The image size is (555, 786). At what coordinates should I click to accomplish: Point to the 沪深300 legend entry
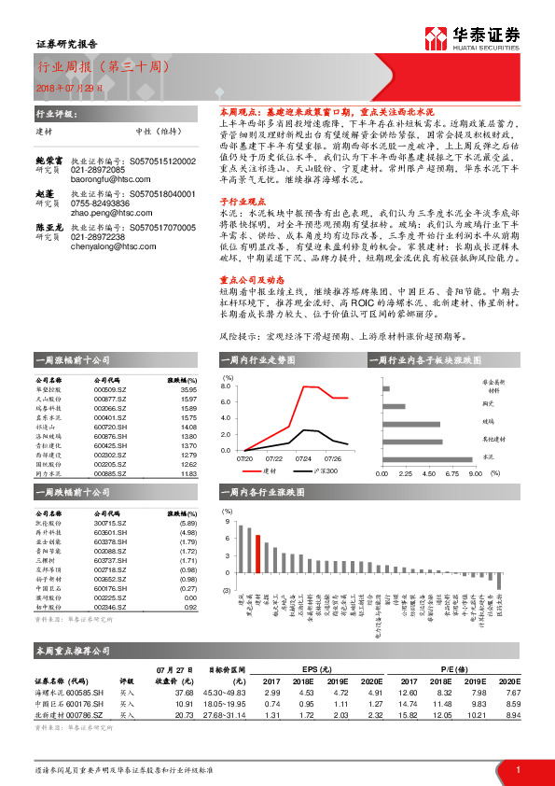coord(323,470)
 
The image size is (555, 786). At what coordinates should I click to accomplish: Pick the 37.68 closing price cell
coord(183,693)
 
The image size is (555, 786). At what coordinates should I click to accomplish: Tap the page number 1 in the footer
coord(517,769)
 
